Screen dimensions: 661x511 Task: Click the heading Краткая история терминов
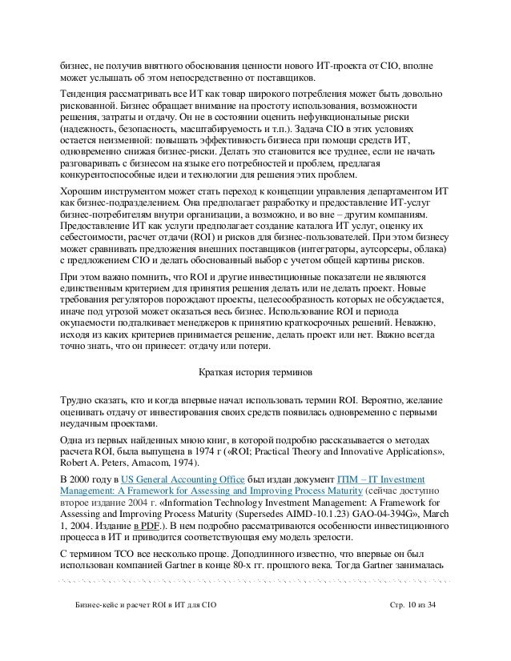tap(255, 373)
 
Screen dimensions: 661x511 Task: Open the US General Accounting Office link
tap(181, 478)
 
